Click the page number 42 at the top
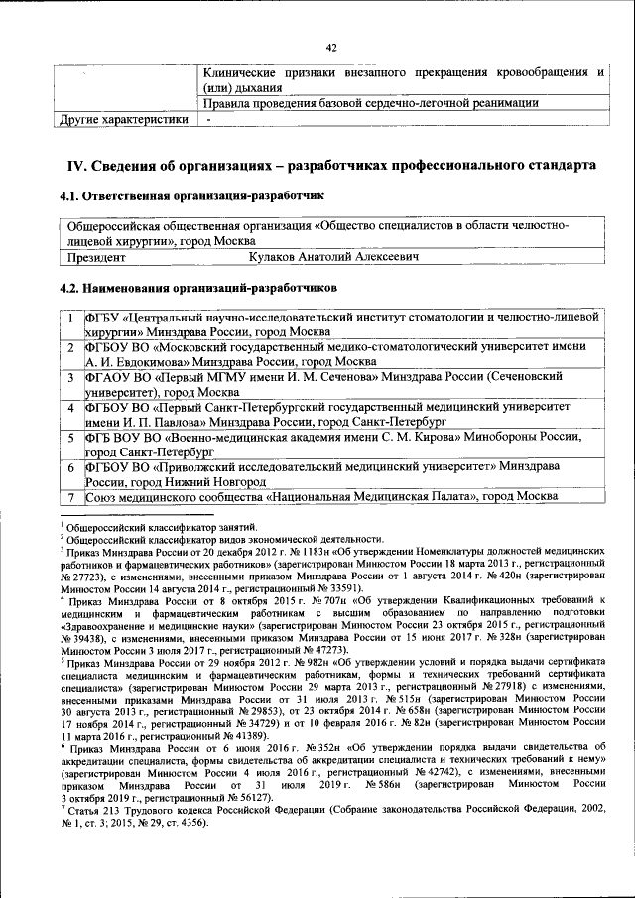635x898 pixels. [331, 48]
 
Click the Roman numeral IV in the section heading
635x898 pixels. [74, 165]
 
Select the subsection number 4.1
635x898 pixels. [72, 197]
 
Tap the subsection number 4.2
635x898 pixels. [72, 287]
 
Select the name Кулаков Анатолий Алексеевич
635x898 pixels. [332, 257]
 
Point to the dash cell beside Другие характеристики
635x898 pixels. [209, 120]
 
